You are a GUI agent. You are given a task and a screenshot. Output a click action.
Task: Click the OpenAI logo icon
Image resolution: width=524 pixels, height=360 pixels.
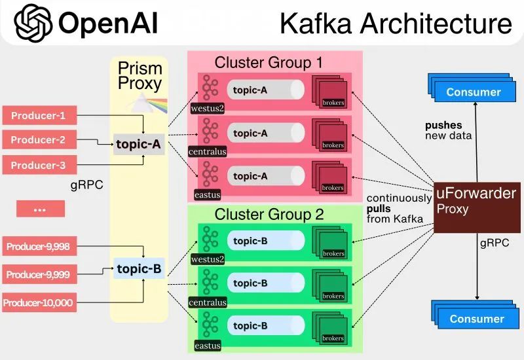click(32, 23)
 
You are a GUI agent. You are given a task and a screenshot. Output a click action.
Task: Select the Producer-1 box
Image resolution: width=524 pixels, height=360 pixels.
click(40, 117)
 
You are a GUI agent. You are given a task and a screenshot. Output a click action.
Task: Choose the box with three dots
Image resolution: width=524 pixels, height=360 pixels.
click(40, 209)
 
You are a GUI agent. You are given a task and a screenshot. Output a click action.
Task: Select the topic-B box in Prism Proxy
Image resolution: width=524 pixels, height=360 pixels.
click(138, 268)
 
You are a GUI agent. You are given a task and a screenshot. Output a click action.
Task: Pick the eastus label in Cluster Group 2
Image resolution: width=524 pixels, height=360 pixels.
click(207, 346)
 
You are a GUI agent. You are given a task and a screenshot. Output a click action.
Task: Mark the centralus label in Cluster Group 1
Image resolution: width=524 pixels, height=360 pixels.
click(207, 152)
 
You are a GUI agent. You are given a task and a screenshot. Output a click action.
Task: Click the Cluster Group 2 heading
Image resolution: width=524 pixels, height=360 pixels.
click(269, 214)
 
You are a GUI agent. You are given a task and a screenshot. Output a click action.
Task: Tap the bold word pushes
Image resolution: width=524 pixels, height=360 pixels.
click(443, 125)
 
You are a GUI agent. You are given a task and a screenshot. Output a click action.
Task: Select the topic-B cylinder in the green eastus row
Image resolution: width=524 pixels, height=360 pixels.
click(265, 325)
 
